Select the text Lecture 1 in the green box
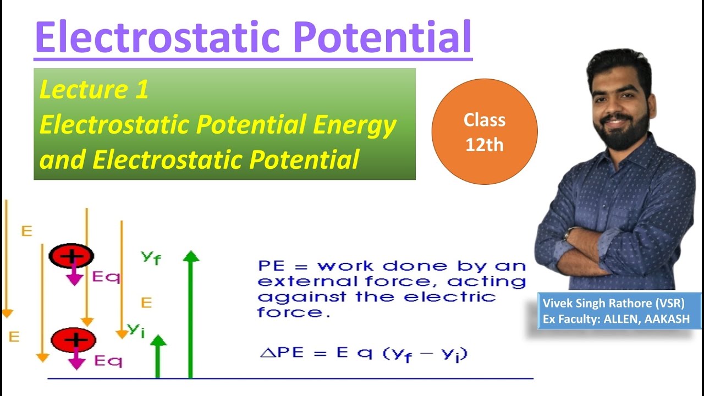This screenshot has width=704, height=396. click(94, 90)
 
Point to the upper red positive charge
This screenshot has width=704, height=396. click(71, 255)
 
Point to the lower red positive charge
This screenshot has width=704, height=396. click(73, 340)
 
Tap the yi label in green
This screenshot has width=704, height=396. click(136, 329)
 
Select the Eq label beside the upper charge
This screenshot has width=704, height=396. click(106, 277)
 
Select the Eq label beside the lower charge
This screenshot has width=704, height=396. click(108, 361)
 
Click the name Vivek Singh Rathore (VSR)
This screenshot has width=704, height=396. click(613, 303)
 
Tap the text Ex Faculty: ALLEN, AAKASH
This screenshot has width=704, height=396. click(616, 319)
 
